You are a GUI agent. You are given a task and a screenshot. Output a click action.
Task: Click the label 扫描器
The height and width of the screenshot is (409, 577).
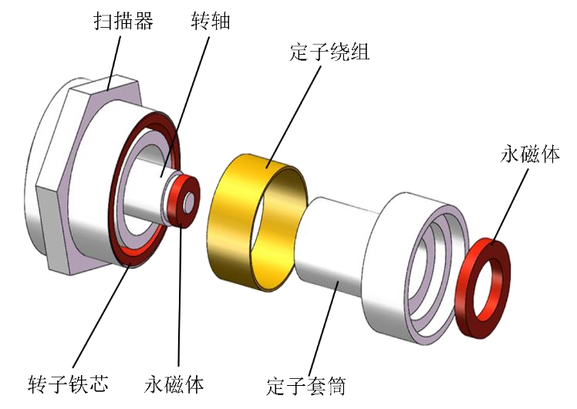pos(123,21)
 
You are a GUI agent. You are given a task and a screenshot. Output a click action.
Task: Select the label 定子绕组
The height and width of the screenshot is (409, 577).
pos(329,52)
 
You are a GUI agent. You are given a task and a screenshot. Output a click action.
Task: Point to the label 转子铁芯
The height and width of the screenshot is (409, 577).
pos(68,384)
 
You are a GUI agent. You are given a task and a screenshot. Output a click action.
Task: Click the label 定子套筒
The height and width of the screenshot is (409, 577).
pos(306,386)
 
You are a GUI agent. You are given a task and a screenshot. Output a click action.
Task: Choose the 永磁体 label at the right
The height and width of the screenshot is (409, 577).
pos(530,154)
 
